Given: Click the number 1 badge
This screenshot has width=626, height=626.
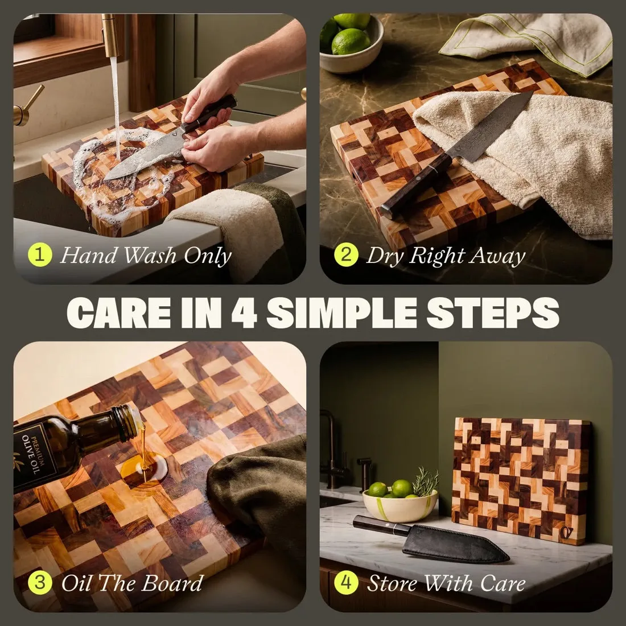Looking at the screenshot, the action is pos(40,255).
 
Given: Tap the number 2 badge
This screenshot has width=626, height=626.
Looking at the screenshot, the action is pos(346,255).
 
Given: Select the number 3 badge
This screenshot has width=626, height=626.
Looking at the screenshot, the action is pos(40,583).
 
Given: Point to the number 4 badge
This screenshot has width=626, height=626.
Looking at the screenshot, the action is pos(346,583).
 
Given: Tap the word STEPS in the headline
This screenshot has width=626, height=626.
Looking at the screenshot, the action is pos(493,314).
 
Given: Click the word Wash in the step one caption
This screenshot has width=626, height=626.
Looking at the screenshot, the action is pos(149,256).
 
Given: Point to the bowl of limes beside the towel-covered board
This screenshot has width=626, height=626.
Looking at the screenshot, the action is pos(351,43).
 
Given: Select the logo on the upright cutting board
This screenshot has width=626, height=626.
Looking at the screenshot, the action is pos(567,532).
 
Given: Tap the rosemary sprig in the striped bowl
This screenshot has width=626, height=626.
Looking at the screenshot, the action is pos(426,481).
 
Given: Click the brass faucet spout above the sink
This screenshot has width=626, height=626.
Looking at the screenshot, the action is pos(110,35).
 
